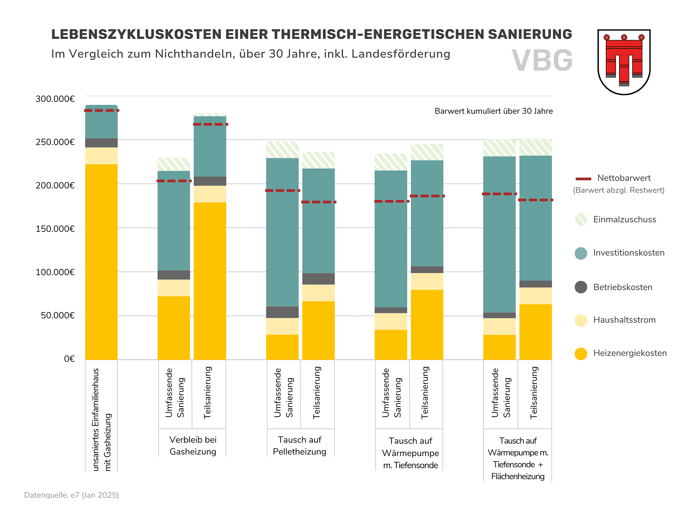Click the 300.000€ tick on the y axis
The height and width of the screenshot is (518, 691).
pos(55,99)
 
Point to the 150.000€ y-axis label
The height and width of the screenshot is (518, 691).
pos(55,229)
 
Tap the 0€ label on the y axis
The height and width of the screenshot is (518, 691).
pos(69,359)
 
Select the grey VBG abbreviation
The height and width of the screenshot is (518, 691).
pos(542,60)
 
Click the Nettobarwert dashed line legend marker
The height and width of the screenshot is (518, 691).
pos(583,179)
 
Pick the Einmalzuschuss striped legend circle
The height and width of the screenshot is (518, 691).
pos(581,219)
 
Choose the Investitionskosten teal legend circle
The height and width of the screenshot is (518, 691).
pos(581,253)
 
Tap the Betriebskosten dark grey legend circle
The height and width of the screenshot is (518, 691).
pos(581,287)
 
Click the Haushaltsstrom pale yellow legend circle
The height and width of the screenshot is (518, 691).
pos(581,320)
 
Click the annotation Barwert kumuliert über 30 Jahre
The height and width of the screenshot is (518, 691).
pos(493,111)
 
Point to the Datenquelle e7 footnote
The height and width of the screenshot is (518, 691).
pos(71,495)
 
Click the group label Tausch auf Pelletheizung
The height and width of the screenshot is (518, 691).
pos(299,445)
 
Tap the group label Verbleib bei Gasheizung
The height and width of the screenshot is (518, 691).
pos(193,445)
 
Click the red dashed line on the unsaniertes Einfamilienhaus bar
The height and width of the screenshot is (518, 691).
pos(102,111)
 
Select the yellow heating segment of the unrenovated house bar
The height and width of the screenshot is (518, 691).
pos(102,262)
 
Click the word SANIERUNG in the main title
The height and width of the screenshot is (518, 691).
pos(530,34)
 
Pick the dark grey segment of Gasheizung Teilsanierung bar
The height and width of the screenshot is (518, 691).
pos(210,181)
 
